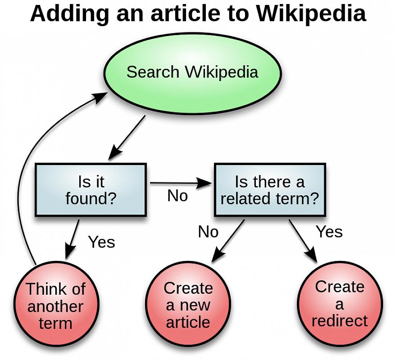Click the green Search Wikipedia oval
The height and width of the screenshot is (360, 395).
click(x=192, y=72)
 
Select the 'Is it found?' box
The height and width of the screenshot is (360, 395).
click(x=91, y=189)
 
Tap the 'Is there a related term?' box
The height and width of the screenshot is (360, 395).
click(x=269, y=189)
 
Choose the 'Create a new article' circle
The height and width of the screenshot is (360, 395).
click(x=188, y=305)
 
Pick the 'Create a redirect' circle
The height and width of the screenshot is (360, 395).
click(x=340, y=304)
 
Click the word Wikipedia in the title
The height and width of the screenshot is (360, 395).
click(x=311, y=13)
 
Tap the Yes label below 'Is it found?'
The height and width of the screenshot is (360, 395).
click(x=101, y=242)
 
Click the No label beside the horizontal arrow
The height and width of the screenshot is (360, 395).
click(x=177, y=196)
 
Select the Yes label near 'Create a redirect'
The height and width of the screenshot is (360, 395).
click(x=329, y=232)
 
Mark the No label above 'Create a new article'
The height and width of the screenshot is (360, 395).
click(x=208, y=232)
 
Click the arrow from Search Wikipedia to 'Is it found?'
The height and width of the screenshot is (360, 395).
click(x=127, y=136)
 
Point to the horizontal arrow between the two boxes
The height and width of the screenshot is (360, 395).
click(x=180, y=183)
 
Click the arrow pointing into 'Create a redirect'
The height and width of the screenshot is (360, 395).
click(x=303, y=241)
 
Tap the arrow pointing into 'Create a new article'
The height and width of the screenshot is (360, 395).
click(x=228, y=240)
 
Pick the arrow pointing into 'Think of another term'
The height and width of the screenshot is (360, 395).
click(x=73, y=238)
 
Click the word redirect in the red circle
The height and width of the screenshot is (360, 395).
click(x=340, y=321)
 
